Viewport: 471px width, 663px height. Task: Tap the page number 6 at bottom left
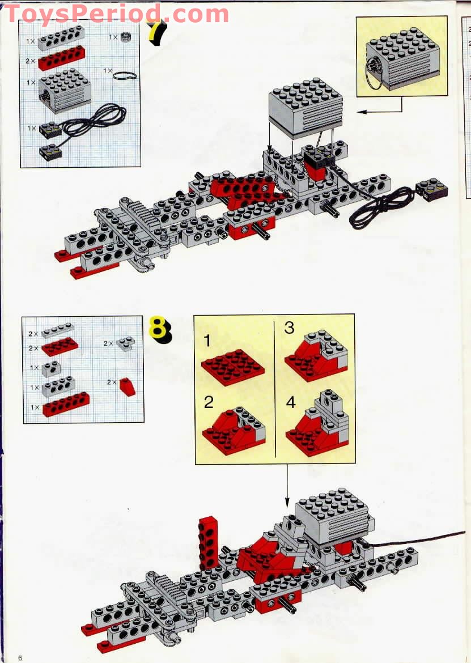[x=20, y=657]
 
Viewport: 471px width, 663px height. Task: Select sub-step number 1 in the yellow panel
[x=207, y=341]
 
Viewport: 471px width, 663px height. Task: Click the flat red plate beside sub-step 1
[x=233, y=368]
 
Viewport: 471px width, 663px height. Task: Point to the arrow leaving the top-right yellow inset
[x=380, y=110]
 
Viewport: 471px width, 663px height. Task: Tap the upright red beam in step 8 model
[x=208, y=541]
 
